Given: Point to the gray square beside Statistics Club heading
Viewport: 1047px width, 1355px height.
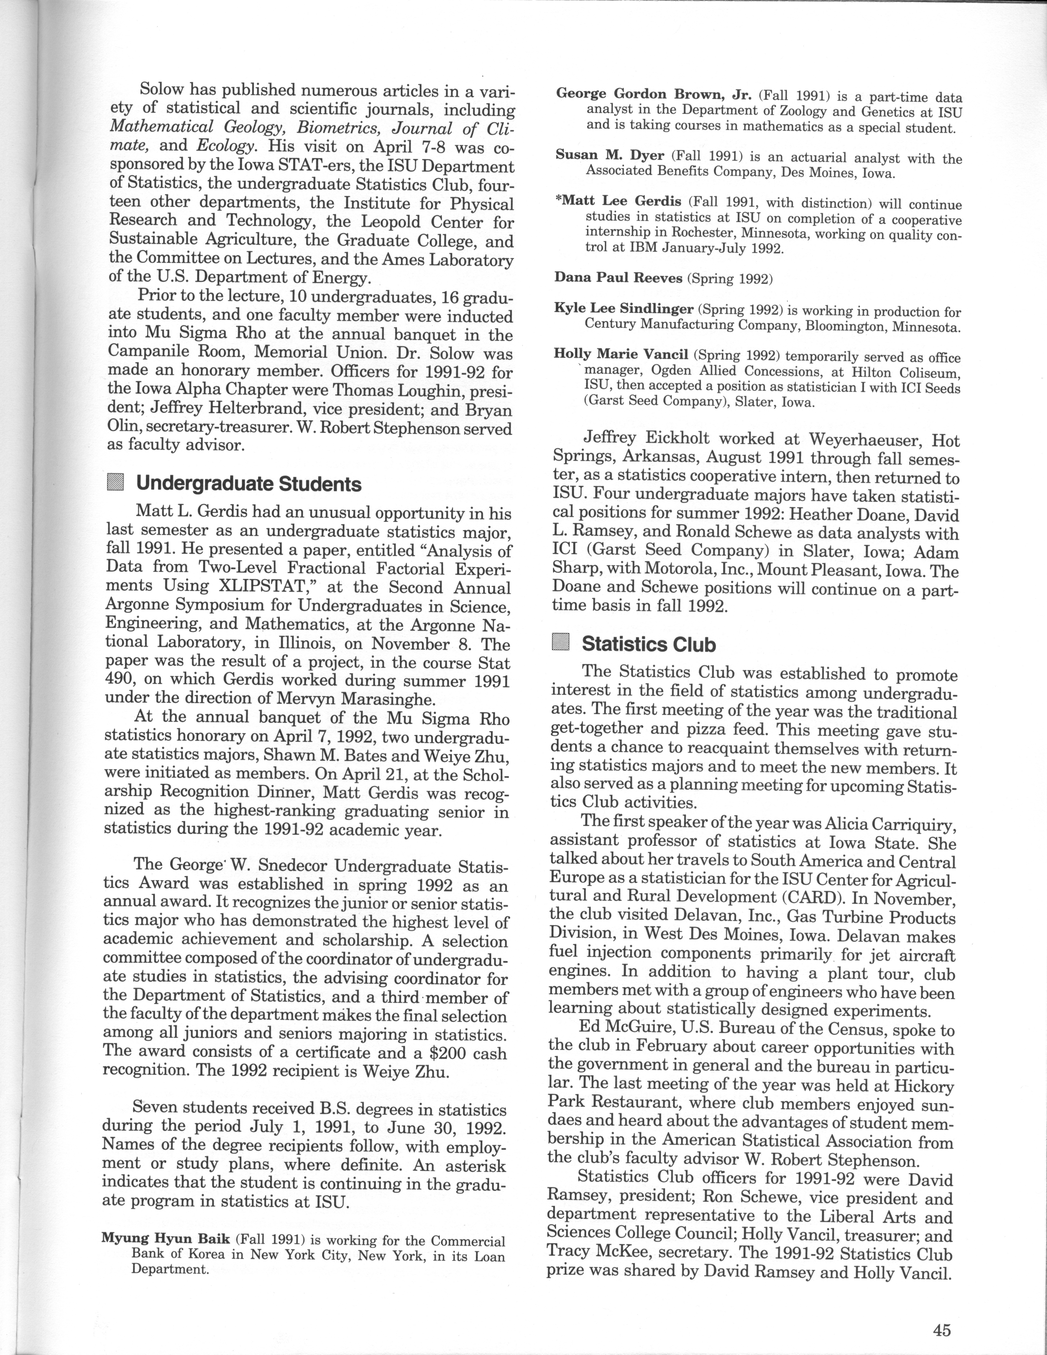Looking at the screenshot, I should click(560, 643).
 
